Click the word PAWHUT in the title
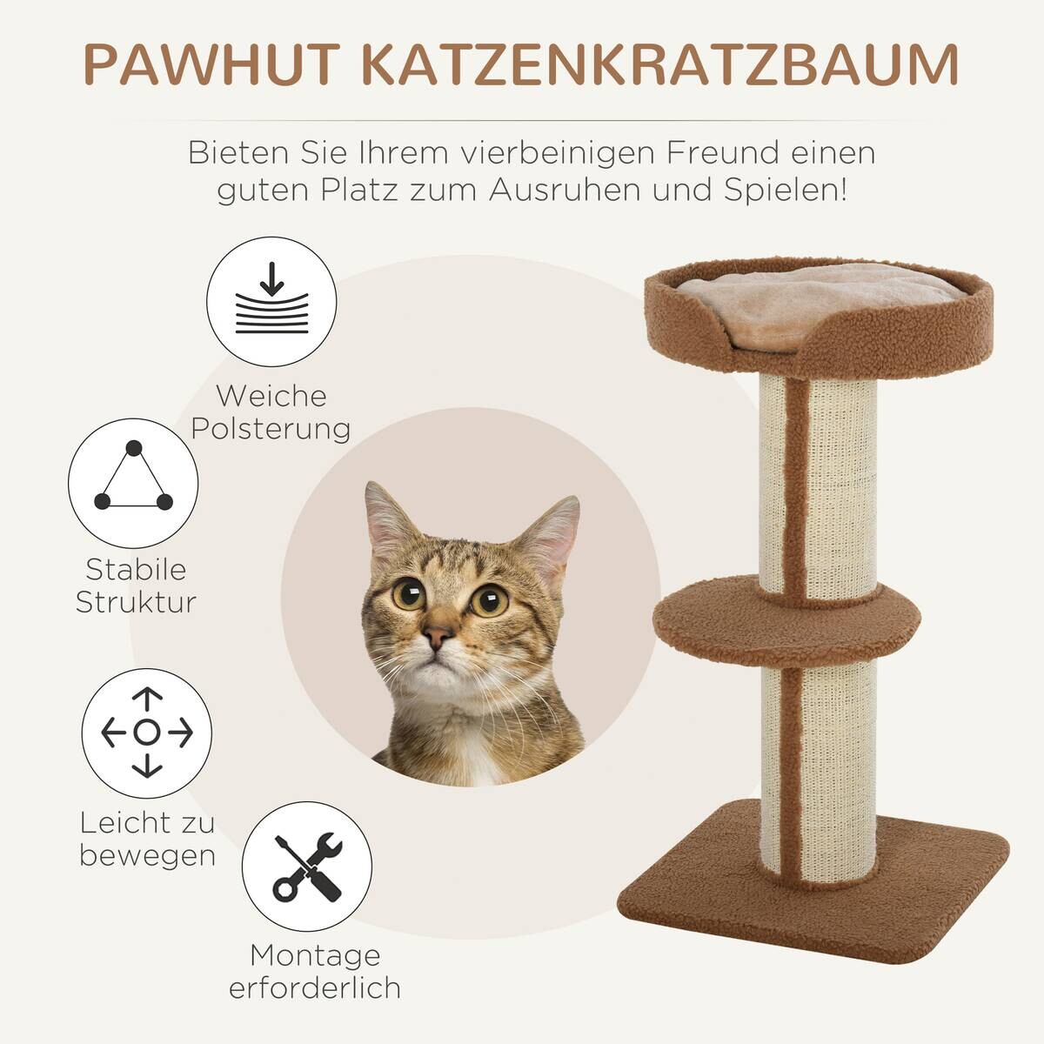(211, 63)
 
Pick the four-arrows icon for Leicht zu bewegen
(147, 733)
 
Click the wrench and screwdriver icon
(306, 867)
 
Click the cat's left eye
(409, 594)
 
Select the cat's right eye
(490, 600)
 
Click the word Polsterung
(271, 429)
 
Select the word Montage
(315, 955)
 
